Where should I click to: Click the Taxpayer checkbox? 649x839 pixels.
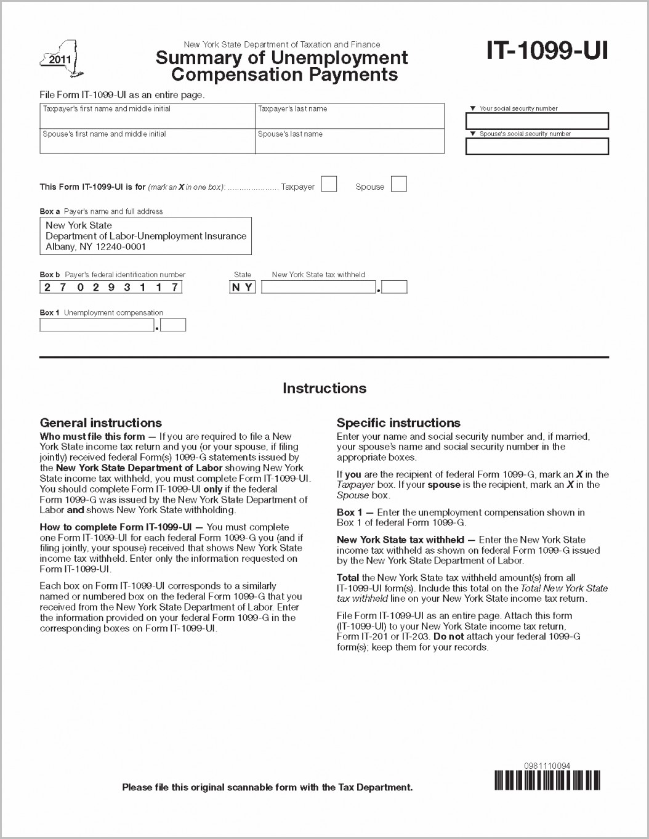click(x=329, y=184)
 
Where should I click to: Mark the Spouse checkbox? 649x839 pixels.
click(x=399, y=184)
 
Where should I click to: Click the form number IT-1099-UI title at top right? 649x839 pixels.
click(x=547, y=51)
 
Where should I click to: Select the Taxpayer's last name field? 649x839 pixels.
click(x=349, y=116)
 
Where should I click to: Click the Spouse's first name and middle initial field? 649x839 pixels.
click(x=147, y=142)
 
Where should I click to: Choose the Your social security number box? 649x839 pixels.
click(x=537, y=121)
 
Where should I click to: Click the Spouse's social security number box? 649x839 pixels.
click(x=537, y=147)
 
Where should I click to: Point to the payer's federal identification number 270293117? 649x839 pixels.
click(x=111, y=287)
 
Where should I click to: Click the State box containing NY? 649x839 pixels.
click(x=242, y=287)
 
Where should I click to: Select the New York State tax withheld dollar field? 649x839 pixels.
click(x=318, y=287)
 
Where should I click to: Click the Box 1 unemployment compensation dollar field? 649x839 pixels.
click(x=97, y=325)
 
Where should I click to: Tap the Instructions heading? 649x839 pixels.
click(x=324, y=388)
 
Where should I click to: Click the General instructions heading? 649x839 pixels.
click(x=100, y=423)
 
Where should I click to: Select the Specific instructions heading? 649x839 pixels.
click(x=398, y=423)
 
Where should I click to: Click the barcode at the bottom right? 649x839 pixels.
click(x=547, y=780)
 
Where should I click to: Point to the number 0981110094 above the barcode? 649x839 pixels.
click(x=547, y=766)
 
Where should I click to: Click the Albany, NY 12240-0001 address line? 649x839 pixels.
click(x=95, y=246)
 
